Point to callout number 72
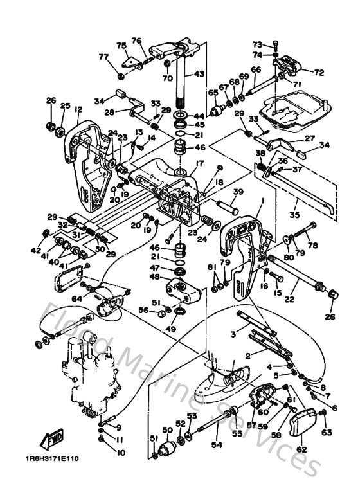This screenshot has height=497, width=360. [x=319, y=73]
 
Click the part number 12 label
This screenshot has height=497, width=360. [x=78, y=109]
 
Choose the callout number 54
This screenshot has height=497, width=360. [x=216, y=445]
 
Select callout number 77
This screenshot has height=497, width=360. [x=104, y=57]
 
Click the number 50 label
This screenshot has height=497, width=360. [x=166, y=429]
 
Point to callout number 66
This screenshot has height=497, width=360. [x=256, y=69]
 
